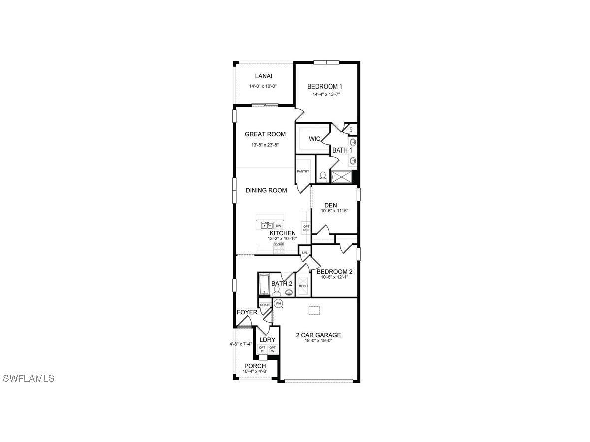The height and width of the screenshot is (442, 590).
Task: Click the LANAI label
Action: [x=263, y=76]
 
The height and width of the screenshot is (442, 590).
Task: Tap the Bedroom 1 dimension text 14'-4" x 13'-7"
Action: [x=326, y=94]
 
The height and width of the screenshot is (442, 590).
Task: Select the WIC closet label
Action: [x=314, y=139]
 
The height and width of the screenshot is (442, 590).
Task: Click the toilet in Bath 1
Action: [x=323, y=176]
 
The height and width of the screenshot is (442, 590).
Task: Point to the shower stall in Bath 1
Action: [x=342, y=177]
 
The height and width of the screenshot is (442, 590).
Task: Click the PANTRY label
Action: [x=303, y=171]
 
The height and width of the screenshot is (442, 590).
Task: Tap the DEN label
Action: [x=330, y=205]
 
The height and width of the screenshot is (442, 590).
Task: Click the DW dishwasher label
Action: [x=278, y=226]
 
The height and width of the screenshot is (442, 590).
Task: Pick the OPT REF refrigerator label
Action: [x=306, y=228]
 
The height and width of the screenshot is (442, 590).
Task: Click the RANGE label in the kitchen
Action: [x=278, y=244]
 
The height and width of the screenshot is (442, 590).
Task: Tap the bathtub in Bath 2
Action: [x=264, y=284]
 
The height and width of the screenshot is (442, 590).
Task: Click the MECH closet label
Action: [x=303, y=286]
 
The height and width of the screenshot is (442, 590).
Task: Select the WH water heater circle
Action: [x=278, y=303]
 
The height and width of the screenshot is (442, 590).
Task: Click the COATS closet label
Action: [x=265, y=305]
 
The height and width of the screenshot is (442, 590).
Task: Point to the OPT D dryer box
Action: [x=262, y=349]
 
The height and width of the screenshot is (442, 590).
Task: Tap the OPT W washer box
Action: [x=273, y=349]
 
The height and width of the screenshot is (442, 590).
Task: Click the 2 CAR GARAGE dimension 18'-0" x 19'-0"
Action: [x=318, y=341]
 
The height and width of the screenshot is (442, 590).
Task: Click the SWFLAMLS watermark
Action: [x=28, y=378]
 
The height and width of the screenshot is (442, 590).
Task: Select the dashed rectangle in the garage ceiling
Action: [x=313, y=310]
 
